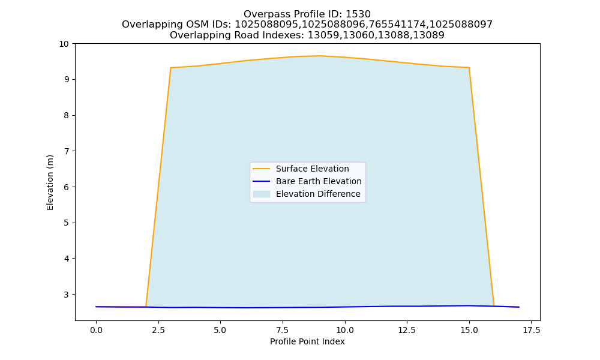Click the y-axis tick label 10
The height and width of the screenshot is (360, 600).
click(64, 44)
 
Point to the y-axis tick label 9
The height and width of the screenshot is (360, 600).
click(67, 80)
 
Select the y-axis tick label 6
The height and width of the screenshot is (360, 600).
click(67, 187)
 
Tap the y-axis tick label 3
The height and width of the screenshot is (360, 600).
click(67, 295)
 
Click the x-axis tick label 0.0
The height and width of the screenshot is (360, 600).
click(96, 330)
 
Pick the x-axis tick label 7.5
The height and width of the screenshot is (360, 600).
click(283, 330)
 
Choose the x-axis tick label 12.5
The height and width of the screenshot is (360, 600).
click(407, 330)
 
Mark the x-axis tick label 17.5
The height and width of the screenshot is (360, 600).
click(531, 330)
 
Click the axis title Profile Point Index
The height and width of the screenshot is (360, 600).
click(307, 341)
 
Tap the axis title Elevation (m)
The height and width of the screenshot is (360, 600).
click(50, 182)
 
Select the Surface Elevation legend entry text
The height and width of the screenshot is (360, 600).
click(312, 169)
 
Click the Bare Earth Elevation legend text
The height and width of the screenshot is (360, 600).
click(319, 181)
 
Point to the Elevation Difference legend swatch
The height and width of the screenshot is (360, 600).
click(262, 194)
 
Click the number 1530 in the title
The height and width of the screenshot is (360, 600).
click(358, 14)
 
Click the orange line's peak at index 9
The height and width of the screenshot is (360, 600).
click(320, 56)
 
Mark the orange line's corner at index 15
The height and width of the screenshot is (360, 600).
click(469, 68)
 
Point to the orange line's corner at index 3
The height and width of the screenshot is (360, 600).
click(170, 68)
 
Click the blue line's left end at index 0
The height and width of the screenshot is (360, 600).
click(96, 307)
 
